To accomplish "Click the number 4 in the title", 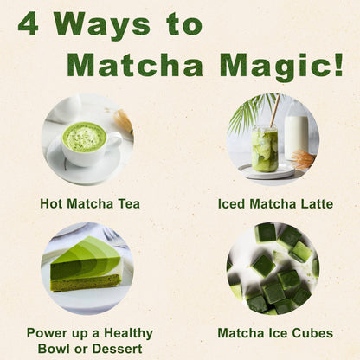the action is (29, 24).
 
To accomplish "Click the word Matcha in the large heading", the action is (135, 65).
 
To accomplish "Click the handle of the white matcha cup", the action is (115, 141).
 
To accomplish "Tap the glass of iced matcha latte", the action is (265, 149).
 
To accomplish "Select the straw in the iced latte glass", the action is (275, 112).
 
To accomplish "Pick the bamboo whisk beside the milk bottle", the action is (302, 159).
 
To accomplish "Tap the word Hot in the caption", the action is (51, 203).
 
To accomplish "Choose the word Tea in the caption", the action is (130, 203).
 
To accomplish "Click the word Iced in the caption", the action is (232, 203).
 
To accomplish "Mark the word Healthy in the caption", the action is (128, 334).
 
